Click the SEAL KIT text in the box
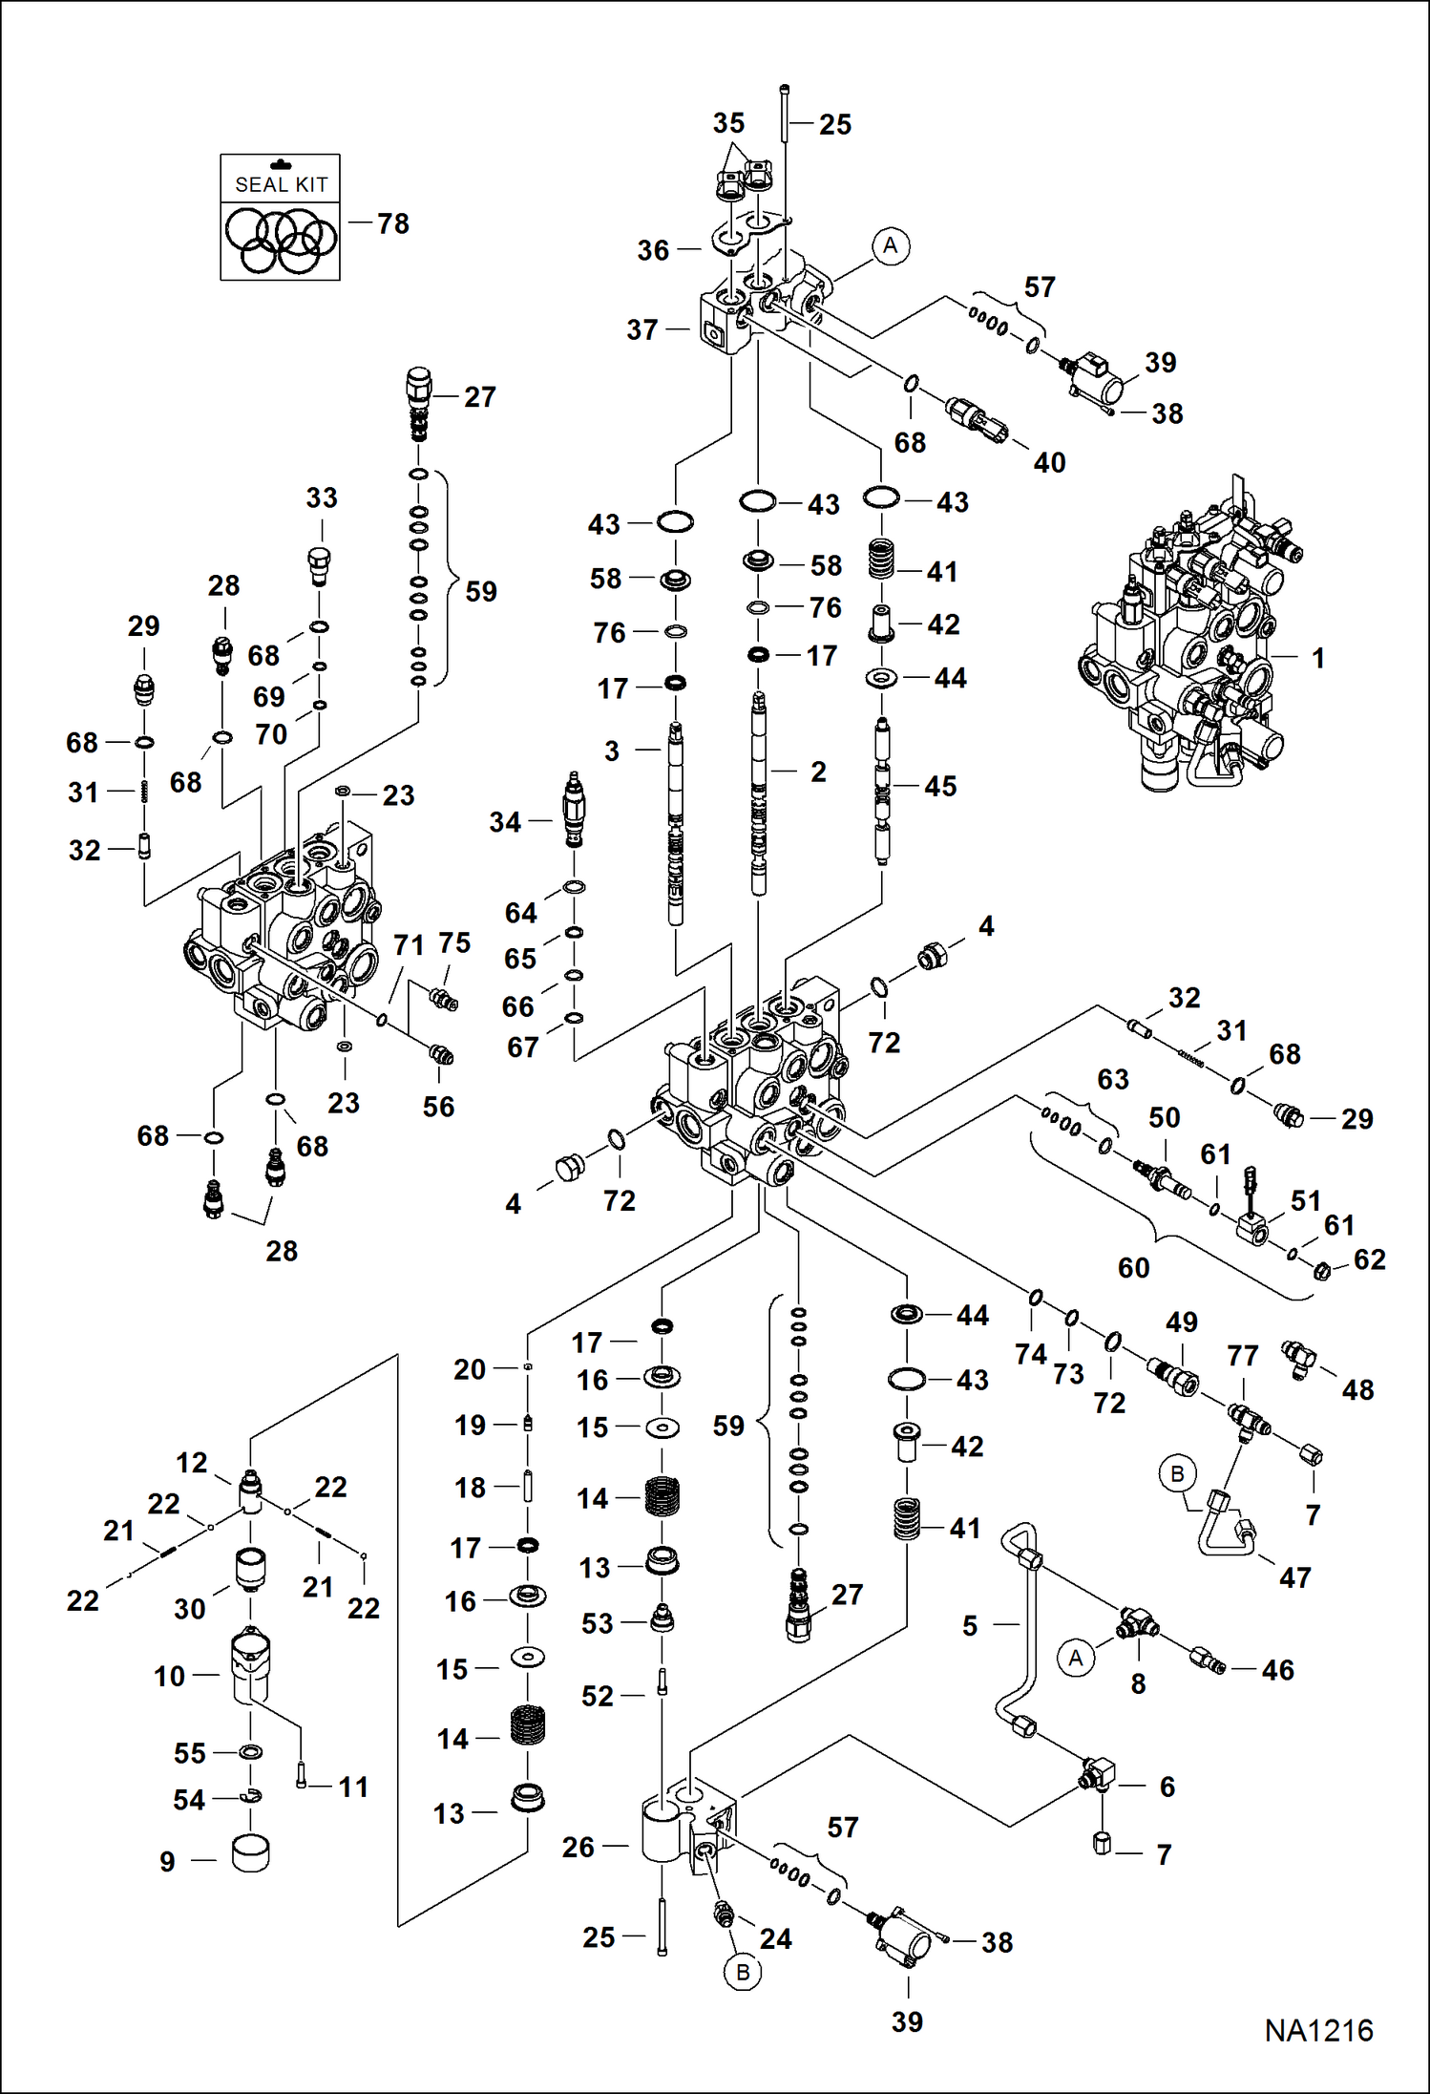[281, 184]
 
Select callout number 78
[392, 223]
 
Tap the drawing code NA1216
[1318, 2030]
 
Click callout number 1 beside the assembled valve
[1317, 658]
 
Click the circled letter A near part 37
[890, 246]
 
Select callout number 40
[1049, 463]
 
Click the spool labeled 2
[759, 793]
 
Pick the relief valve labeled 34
[574, 810]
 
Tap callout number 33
[322, 497]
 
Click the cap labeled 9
[251, 1853]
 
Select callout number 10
[170, 1676]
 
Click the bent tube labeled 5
[1018, 1623]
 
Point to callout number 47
[1294, 1577]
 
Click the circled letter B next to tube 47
[1177, 1473]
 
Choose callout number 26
[578, 1848]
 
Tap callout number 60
[1133, 1268]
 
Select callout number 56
[438, 1107]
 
